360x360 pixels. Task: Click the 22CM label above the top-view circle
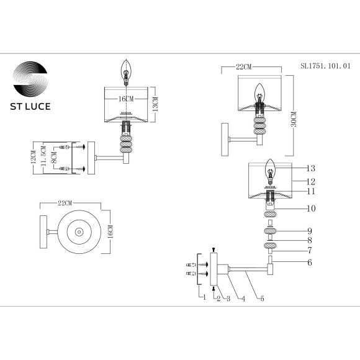pyautogui.click(x=65, y=204)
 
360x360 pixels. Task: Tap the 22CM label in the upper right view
pyautogui.click(x=244, y=66)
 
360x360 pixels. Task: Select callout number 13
pyautogui.click(x=311, y=169)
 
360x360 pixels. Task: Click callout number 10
pyautogui.click(x=311, y=209)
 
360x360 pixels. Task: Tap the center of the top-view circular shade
pyautogui.click(x=81, y=232)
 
